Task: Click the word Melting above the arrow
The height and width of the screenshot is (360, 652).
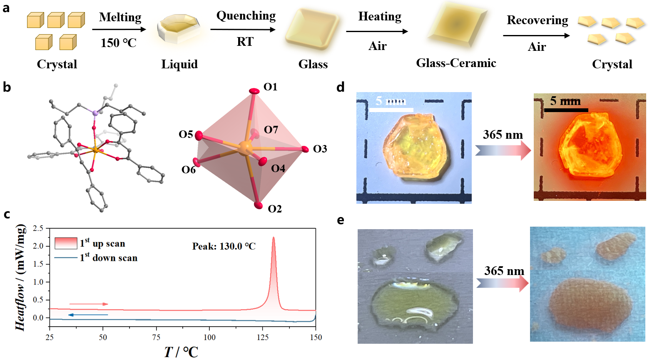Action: (120, 17)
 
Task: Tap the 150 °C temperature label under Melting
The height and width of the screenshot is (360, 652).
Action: (118, 43)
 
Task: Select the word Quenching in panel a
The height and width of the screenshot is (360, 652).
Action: (246, 16)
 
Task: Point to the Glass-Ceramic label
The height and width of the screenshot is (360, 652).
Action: (456, 63)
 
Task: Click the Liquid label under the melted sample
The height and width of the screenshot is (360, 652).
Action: (179, 64)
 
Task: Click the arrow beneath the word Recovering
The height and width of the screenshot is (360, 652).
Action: (536, 36)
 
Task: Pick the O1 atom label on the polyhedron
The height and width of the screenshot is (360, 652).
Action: (270, 87)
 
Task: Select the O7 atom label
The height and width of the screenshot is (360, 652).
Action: (271, 130)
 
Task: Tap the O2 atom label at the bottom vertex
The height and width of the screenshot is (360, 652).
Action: (275, 209)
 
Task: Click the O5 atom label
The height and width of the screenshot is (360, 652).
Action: (186, 134)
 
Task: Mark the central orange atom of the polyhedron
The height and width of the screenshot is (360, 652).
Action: (246, 147)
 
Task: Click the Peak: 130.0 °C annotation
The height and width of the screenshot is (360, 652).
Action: (224, 246)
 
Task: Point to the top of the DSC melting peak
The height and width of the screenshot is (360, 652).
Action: (274, 237)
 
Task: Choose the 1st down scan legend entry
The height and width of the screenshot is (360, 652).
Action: (108, 258)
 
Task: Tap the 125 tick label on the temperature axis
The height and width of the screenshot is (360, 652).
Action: (262, 337)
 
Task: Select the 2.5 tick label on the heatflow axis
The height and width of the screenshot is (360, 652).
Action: (38, 228)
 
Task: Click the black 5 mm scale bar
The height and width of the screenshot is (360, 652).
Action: (566, 110)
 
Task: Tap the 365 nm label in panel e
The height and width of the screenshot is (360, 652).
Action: (504, 271)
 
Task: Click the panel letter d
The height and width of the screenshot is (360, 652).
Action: (341, 87)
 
